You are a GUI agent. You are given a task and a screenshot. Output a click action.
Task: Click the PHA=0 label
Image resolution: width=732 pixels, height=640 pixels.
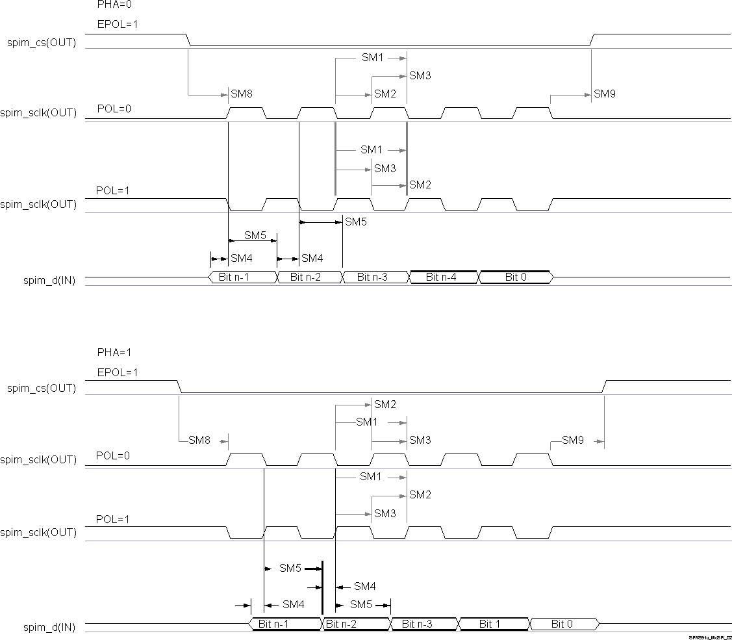(x=110, y=4)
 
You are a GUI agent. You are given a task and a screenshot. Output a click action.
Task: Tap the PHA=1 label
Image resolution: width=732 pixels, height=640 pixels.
(x=114, y=353)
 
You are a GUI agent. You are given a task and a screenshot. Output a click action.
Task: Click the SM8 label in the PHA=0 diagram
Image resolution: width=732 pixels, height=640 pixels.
(x=241, y=94)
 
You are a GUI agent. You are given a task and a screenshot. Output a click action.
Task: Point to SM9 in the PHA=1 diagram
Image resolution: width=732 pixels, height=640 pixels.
(x=573, y=441)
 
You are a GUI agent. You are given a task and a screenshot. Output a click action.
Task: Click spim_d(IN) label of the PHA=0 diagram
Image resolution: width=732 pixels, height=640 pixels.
(x=49, y=281)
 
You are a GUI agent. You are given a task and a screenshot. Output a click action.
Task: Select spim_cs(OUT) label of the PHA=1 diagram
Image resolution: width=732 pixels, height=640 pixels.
(x=42, y=389)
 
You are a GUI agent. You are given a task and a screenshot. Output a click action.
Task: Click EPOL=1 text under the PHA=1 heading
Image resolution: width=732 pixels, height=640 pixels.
(x=118, y=373)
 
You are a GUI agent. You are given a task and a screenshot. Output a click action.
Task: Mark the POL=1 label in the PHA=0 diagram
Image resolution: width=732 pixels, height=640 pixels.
(x=114, y=191)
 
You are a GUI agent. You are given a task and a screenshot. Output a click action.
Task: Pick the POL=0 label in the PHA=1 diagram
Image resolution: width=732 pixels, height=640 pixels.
(x=113, y=455)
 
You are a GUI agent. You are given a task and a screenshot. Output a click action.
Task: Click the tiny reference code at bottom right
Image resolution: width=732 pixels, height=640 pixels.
(x=711, y=637)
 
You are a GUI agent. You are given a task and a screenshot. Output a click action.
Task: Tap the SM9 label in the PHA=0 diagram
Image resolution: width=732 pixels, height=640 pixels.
(x=604, y=94)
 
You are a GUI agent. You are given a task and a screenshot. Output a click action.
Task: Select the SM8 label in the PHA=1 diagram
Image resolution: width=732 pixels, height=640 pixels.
(x=199, y=441)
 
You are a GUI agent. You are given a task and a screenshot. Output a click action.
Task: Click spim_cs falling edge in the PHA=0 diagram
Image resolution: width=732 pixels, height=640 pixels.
(x=189, y=40)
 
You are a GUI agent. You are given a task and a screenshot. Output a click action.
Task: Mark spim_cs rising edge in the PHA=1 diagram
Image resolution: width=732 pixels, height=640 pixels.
(x=604, y=386)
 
